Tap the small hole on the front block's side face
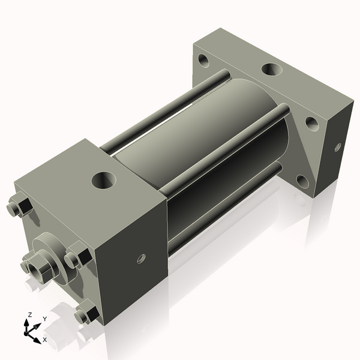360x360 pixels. click(x=142, y=258)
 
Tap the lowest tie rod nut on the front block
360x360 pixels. click(x=87, y=313)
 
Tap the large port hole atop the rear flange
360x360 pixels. click(x=271, y=70)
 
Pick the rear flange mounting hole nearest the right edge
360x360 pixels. click(x=311, y=123)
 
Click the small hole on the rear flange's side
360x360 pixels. click(x=337, y=146)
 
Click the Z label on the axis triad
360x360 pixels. click(x=30, y=315)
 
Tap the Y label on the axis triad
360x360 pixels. click(x=44, y=319)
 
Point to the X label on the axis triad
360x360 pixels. click(x=44, y=340)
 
